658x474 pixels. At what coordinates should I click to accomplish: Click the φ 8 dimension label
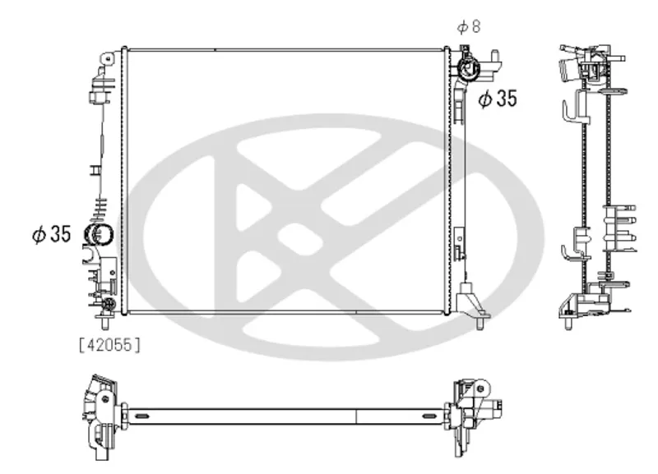tap(469, 26)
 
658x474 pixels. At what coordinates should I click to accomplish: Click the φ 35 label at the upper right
tap(498, 99)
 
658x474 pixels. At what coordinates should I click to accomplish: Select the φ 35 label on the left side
tap(52, 235)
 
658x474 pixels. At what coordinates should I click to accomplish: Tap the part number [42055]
tap(110, 346)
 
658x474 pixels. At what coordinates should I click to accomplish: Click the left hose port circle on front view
tap(98, 236)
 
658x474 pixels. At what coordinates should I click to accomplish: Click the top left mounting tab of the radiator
tap(107, 58)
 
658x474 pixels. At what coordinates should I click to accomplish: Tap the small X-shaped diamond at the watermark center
tap(305, 237)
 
